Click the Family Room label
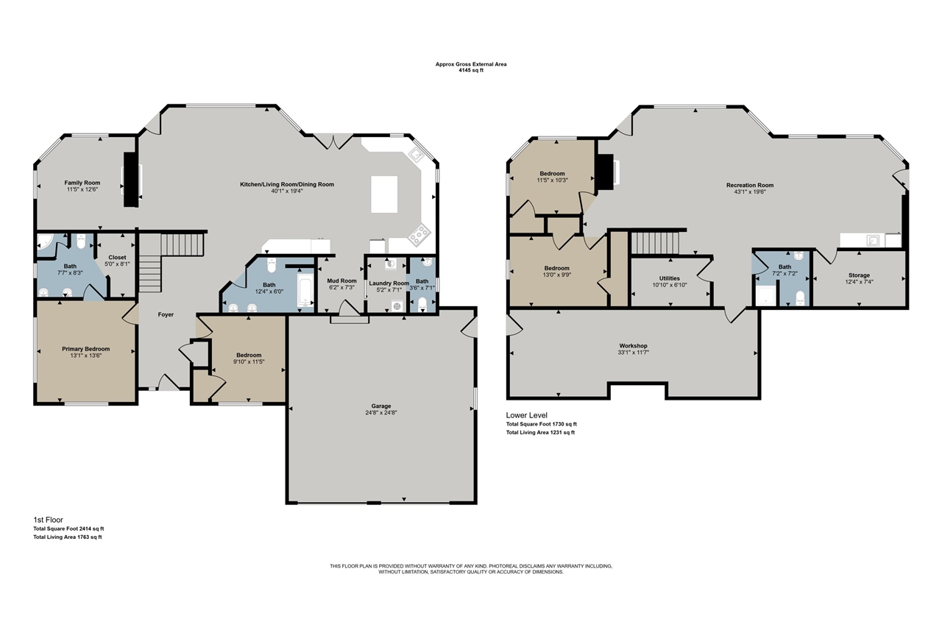click(x=82, y=183)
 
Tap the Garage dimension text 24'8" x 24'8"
click(x=381, y=412)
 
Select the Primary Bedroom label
click(x=86, y=349)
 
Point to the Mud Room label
click(x=341, y=281)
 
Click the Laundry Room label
click(x=389, y=283)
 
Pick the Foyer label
click(x=166, y=314)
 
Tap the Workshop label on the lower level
click(x=633, y=346)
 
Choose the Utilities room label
click(x=669, y=278)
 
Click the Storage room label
click(x=859, y=275)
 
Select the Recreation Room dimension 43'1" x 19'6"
click(x=750, y=192)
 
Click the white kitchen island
click(x=384, y=194)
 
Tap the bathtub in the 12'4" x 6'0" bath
click(x=305, y=290)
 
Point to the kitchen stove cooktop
click(x=419, y=234)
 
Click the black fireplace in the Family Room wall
click(x=131, y=179)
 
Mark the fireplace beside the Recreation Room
click(x=606, y=173)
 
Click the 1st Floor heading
click(x=49, y=520)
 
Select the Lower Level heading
click(x=526, y=415)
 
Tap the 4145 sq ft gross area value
click(x=471, y=70)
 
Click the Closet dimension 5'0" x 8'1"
click(x=117, y=264)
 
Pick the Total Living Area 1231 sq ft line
click(x=540, y=432)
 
